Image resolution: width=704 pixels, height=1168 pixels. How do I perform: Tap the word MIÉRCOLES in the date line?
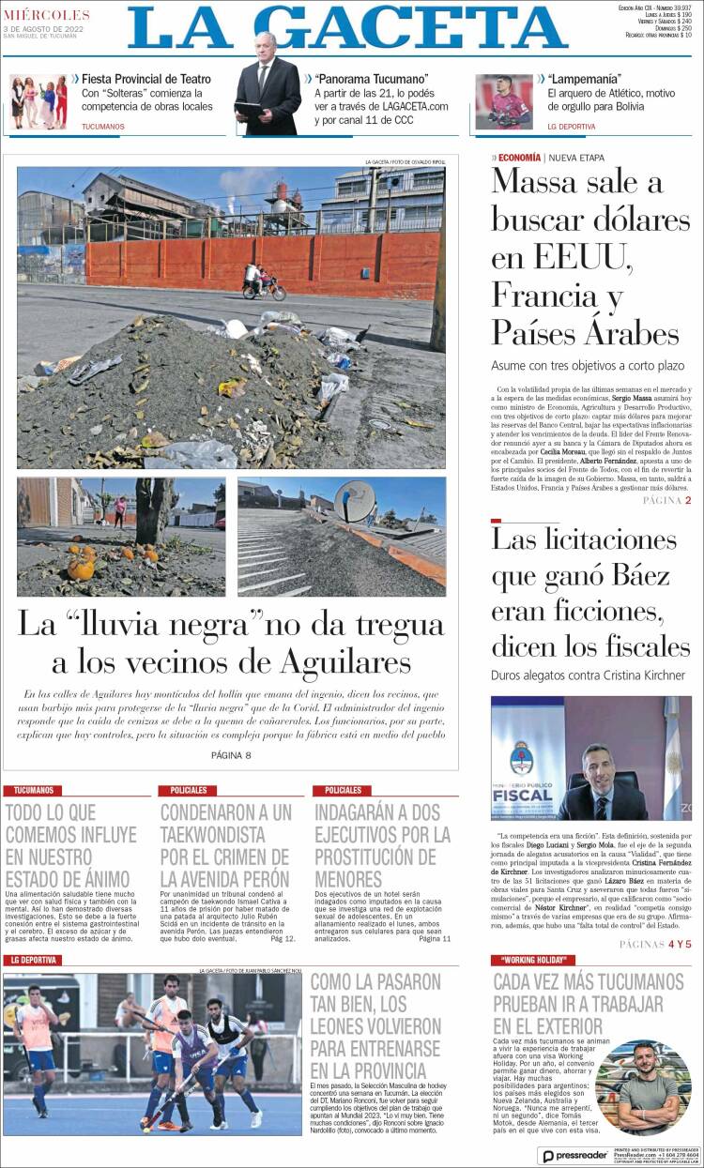[x=47, y=15]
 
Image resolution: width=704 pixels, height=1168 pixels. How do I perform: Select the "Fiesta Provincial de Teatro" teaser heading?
[x=145, y=79]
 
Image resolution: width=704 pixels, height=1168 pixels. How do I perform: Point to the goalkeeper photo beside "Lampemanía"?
[x=503, y=101]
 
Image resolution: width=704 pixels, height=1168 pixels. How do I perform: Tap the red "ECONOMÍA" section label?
[x=519, y=158]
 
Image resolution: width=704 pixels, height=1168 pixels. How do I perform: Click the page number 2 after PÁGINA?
[x=687, y=500]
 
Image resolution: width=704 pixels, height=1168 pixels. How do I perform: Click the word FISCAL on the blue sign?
[x=523, y=796]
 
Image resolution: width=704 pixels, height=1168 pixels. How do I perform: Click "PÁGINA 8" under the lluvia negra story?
[x=231, y=755]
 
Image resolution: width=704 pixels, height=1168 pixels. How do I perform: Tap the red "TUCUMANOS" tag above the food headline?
[x=34, y=791]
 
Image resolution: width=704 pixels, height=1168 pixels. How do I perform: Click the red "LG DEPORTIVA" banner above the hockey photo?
[x=34, y=960]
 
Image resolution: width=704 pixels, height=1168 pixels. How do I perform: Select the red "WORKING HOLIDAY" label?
[x=531, y=960]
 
